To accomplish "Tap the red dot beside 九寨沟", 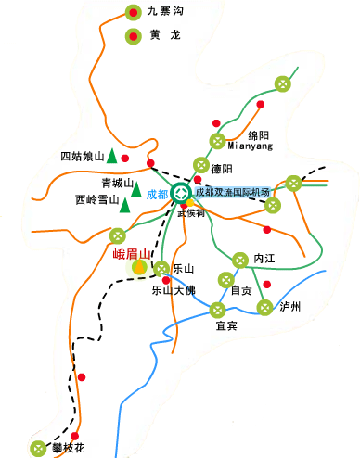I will point(134,13).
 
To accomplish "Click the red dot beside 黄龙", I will point(134,37).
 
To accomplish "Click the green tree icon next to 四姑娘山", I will point(110,155).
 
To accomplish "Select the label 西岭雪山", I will point(97,199).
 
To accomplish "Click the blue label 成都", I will point(157,195).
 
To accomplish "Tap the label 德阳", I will point(221,169).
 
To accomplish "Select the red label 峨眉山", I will point(130,252).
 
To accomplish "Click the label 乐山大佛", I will point(174,290).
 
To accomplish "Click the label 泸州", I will point(291,307).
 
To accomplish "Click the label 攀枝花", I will point(70,448).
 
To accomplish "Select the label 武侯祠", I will point(190,211).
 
